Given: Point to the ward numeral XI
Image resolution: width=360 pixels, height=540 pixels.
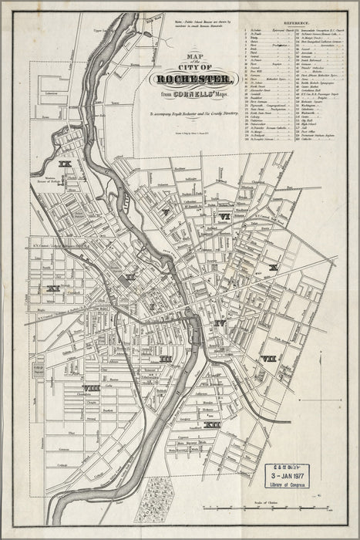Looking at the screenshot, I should click(52, 288).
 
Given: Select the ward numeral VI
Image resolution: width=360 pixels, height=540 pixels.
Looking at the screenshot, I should click(224, 217).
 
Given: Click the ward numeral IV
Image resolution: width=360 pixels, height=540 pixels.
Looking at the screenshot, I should click(220, 322).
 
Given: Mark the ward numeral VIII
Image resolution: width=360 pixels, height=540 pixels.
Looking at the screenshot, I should click(91, 387).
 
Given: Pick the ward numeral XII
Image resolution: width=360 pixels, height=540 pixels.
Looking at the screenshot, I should click(213, 424).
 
